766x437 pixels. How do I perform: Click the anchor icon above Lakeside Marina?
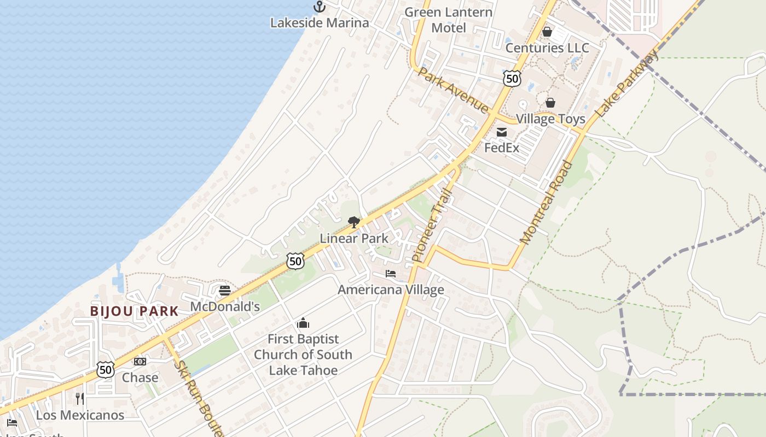319,7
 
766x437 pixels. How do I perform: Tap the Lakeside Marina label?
320,23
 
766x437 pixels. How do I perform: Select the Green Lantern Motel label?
449,20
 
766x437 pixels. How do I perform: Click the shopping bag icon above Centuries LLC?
547,32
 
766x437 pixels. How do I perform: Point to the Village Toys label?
550,119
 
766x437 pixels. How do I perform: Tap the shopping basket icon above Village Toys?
550,103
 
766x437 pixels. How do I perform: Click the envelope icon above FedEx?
502,132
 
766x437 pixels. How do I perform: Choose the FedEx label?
502,147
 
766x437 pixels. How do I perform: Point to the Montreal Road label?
546,202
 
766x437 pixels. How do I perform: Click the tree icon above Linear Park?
354,222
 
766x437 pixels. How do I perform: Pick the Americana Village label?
391,290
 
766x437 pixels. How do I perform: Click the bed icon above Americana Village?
391,273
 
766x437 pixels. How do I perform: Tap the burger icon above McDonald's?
225,290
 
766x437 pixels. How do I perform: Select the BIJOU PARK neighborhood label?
135,311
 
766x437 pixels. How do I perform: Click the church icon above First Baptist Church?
303,323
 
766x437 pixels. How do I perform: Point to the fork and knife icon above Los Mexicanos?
80,399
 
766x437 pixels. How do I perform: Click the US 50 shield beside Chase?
106,370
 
